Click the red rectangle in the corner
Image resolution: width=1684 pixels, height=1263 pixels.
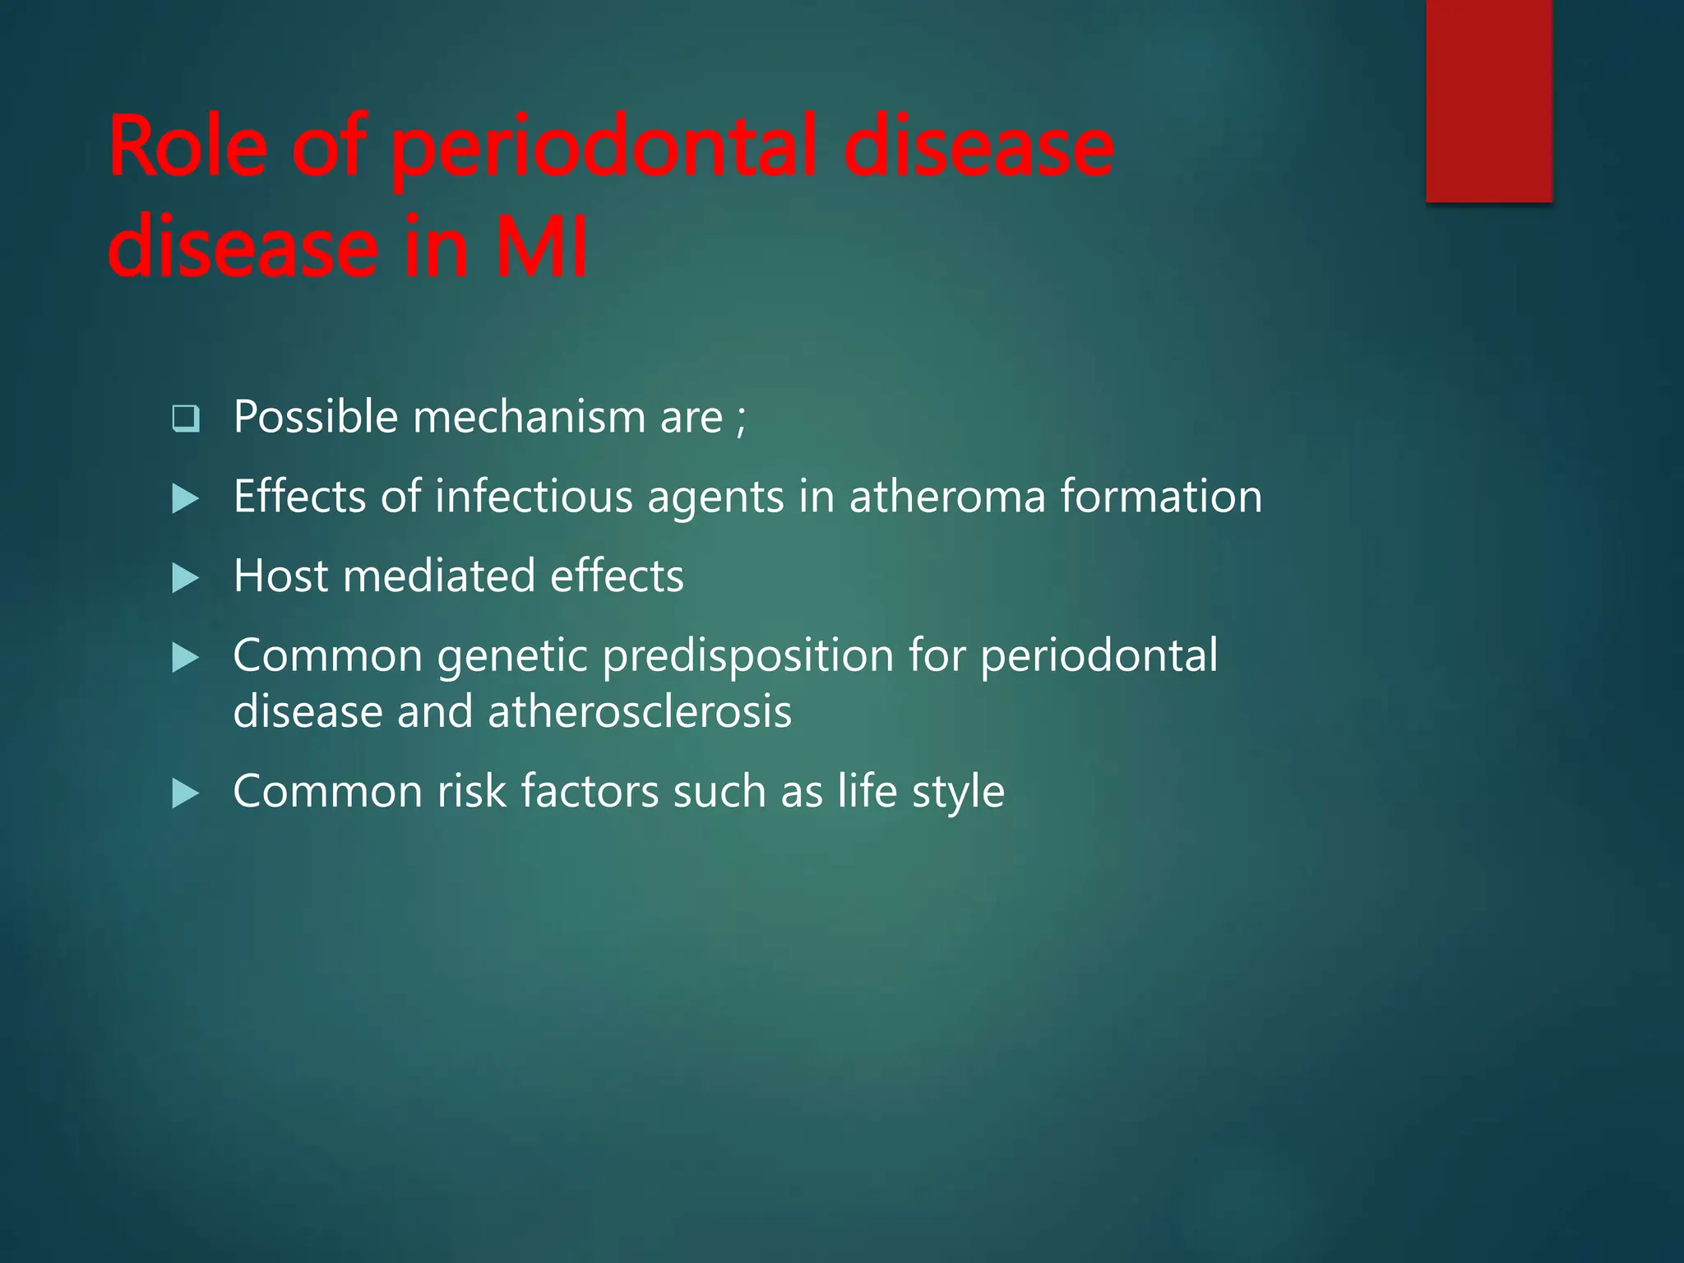[x=1488, y=100]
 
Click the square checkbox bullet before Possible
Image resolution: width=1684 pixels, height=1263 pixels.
[x=186, y=419]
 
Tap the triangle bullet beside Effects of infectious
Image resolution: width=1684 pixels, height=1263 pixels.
[x=186, y=498]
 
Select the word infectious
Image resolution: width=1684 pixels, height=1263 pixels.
[x=534, y=497]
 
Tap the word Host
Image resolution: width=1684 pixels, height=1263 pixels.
[x=280, y=576]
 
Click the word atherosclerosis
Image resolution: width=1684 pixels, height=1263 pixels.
[x=640, y=711]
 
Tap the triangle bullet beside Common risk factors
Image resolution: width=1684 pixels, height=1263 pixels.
[x=186, y=793]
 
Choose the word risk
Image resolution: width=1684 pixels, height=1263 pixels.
[x=471, y=791]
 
